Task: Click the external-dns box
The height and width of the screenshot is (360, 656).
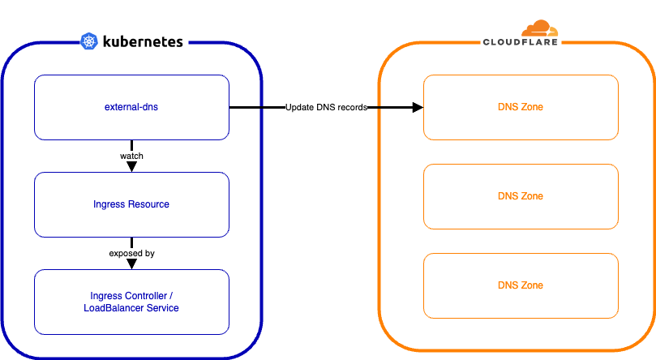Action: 131,107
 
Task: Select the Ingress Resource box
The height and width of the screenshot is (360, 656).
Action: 131,204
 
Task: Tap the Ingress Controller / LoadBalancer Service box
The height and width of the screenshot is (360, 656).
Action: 131,302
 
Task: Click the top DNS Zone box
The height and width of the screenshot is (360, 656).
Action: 521,107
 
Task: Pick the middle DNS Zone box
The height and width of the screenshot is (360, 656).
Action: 521,196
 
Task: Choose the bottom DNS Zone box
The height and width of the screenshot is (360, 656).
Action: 521,285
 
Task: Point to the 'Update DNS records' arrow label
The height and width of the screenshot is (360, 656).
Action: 326,108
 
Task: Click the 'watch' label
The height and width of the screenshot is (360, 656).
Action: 131,156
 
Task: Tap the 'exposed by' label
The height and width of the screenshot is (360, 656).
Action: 131,253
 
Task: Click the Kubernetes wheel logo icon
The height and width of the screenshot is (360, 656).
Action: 89,41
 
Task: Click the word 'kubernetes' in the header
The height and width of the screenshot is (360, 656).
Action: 143,41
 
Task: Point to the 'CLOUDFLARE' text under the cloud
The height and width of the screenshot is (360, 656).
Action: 520,42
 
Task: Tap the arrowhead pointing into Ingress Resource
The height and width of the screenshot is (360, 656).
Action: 131,167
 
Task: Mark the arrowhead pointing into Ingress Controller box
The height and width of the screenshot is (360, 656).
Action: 131,264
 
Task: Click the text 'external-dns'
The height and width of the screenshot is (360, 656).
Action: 131,107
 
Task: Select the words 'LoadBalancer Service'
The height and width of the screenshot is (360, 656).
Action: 131,308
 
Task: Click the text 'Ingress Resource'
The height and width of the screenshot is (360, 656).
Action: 131,204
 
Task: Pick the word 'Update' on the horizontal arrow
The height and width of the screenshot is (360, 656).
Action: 299,108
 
